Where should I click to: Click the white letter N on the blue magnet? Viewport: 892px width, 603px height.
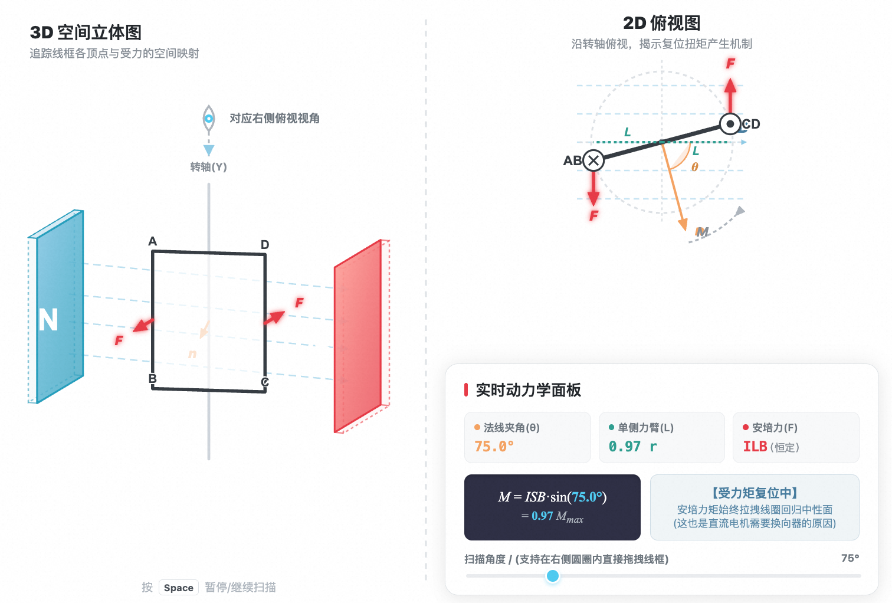pos(48,320)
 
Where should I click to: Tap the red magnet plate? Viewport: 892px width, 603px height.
pos(358,336)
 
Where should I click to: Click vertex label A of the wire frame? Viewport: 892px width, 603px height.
pos(153,241)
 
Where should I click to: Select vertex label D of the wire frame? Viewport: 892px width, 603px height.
pos(265,244)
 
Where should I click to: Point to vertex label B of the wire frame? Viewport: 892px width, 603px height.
pos(152,378)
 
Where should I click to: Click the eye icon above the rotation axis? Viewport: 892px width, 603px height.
pos(209,119)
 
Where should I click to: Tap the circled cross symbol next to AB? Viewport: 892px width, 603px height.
pos(593,160)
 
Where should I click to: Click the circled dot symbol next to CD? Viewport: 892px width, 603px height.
pos(730,124)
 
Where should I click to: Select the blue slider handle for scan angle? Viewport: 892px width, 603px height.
pos(552,575)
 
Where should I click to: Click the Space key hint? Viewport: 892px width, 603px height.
pos(178,588)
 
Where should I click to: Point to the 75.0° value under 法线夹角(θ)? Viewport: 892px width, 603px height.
pos(494,447)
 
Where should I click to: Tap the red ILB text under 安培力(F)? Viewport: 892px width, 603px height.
pos(755,447)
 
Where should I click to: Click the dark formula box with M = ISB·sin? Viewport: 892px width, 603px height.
pos(552,507)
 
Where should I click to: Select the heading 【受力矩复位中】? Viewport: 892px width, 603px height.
pos(755,493)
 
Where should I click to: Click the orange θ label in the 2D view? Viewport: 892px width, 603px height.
pos(694,167)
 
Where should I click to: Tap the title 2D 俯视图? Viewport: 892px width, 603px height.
pos(662,23)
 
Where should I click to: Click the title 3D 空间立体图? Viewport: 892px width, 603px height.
pos(86,32)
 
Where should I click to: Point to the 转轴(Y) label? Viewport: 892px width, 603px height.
pos(208,167)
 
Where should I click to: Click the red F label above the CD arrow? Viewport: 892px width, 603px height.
pos(730,63)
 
